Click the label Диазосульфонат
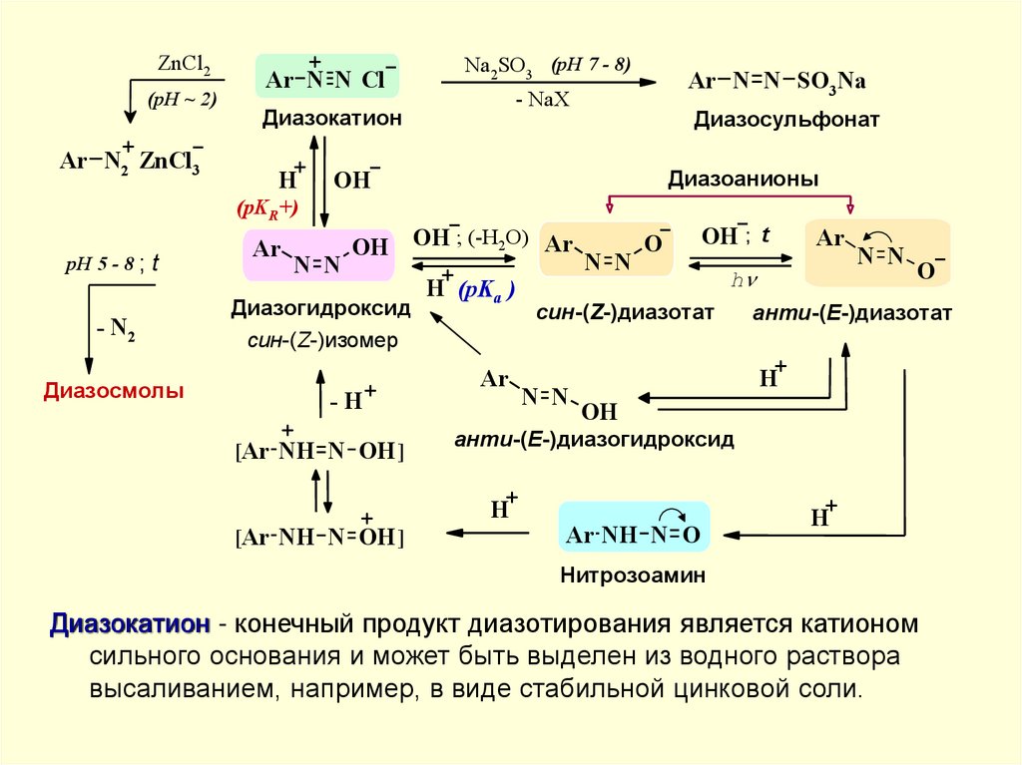786,120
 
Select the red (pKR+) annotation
267,209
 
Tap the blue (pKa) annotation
487,291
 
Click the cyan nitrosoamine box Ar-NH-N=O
634,535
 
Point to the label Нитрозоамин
633,575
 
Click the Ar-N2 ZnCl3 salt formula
130,160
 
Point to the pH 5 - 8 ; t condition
112,266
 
